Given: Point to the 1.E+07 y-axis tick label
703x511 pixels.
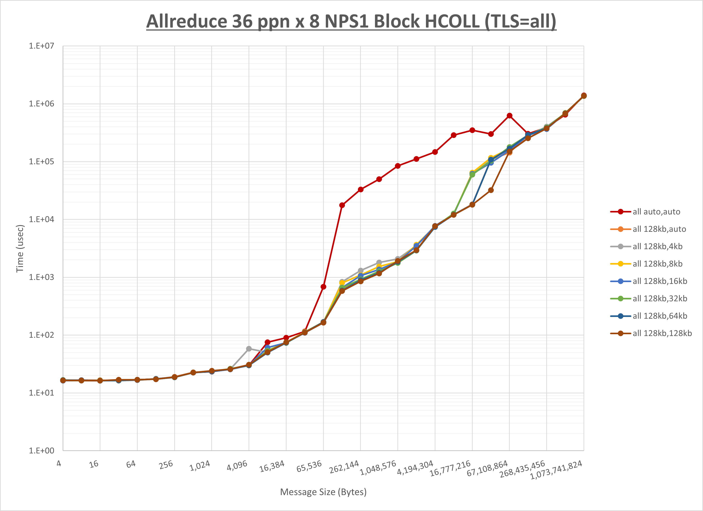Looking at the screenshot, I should [x=41, y=46].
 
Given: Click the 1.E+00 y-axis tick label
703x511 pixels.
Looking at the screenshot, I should [x=41, y=451].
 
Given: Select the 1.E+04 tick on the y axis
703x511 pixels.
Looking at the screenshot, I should [x=41, y=219].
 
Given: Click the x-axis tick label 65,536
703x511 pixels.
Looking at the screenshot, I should [x=309, y=466].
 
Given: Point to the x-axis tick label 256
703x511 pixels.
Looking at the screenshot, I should [x=166, y=465].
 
